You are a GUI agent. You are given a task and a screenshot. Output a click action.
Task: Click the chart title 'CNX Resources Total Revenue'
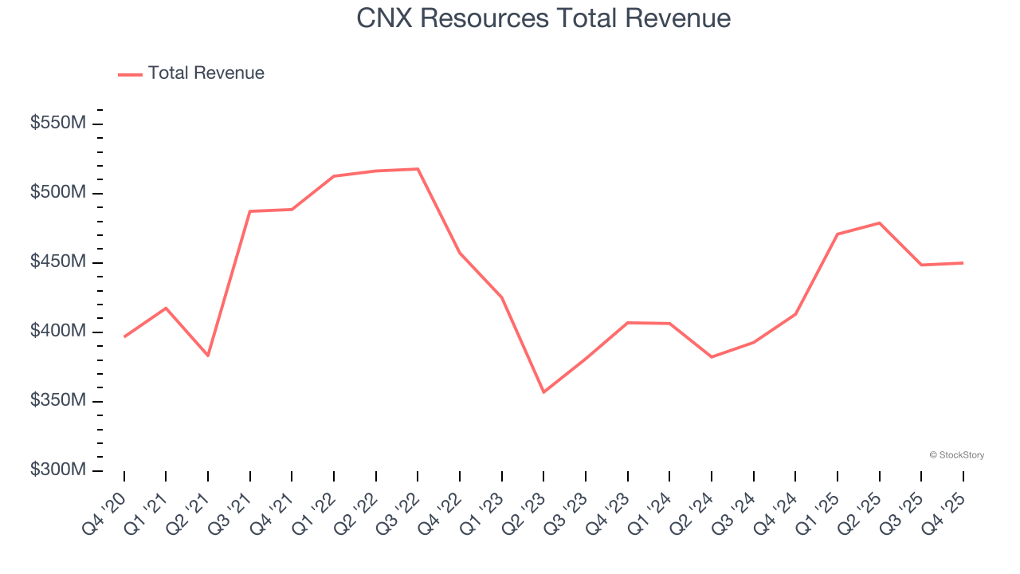coord(543,18)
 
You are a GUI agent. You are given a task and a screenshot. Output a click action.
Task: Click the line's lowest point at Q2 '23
coord(543,392)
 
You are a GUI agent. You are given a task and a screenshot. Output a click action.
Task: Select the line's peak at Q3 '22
coord(418,169)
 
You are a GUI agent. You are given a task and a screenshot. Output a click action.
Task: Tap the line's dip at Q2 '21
coord(208,356)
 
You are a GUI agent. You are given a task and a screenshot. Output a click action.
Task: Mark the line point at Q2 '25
coord(879,222)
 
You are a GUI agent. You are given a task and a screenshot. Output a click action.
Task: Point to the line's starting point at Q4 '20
coord(124,337)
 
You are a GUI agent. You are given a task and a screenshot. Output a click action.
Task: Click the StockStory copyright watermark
coord(956,455)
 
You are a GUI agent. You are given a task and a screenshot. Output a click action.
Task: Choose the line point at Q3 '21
coord(250,211)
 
